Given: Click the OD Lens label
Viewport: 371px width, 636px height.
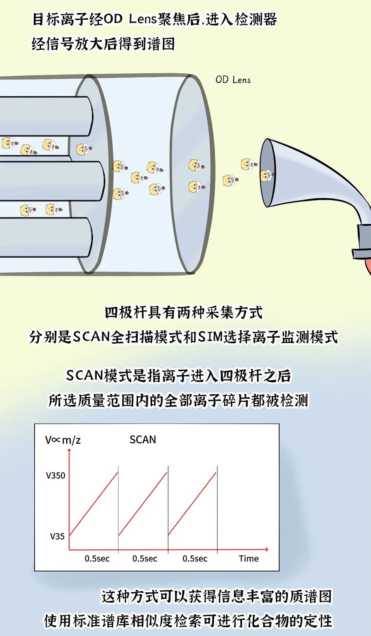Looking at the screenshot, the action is point(233,80).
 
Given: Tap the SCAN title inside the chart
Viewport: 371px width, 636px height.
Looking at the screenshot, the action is point(143,440).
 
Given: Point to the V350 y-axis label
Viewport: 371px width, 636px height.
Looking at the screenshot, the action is point(56,476).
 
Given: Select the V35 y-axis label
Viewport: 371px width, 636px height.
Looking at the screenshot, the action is point(57,536).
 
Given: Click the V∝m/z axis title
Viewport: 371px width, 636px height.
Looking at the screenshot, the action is point(63,440).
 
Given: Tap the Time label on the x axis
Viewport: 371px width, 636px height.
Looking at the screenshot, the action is point(249,559).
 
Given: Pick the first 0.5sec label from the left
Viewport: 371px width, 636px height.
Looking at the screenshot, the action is point(97,559).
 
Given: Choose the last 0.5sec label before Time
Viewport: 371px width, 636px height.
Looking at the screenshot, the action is point(195,559).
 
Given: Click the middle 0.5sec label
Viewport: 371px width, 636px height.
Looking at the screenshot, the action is point(145,559).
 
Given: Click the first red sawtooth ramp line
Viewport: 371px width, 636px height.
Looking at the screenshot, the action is point(94,504).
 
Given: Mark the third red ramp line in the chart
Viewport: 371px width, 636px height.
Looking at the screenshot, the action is point(193,504).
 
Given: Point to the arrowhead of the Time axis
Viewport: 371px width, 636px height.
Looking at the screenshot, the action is point(266,549).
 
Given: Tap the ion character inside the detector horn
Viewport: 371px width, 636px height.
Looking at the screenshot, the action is point(267,175).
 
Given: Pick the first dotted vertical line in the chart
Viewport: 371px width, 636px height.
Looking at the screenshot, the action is point(118,509).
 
